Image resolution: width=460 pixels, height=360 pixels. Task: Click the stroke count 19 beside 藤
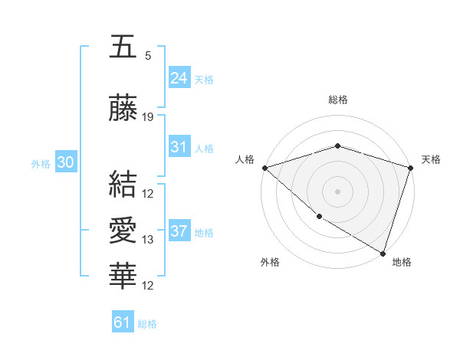[x=148, y=117]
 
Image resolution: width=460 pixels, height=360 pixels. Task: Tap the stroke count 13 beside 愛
[x=148, y=240]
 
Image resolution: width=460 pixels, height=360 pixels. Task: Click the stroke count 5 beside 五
[x=148, y=55]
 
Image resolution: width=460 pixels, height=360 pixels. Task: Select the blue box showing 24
[x=179, y=77]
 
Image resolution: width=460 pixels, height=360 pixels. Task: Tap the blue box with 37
[x=179, y=231]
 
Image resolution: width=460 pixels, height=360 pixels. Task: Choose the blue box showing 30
[x=65, y=162]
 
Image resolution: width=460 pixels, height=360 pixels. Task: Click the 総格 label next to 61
[x=147, y=324]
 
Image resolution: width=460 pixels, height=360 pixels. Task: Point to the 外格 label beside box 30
[x=41, y=163]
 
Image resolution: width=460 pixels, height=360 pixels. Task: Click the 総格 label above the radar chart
[x=337, y=100]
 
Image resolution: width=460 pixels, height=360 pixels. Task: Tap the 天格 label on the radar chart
[x=431, y=159]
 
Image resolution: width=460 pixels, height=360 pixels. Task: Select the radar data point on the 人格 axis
[x=264, y=167]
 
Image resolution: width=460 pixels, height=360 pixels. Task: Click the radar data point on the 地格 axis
[x=383, y=253]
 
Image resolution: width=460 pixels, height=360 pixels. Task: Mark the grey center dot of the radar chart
[x=337, y=191]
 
